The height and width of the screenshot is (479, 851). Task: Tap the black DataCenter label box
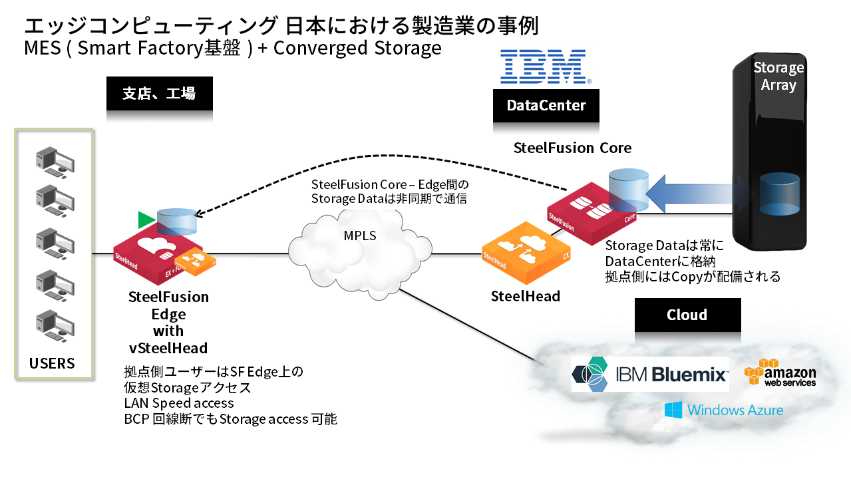[546, 105]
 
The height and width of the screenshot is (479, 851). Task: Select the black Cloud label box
[687, 315]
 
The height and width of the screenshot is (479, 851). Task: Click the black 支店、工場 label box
[159, 94]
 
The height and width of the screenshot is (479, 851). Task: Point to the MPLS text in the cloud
[359, 236]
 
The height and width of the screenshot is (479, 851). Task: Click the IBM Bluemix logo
[650, 374]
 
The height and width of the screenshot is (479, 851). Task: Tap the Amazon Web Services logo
[780, 373]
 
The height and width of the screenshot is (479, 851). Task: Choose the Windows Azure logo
[723, 410]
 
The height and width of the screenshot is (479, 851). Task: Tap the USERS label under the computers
[52, 363]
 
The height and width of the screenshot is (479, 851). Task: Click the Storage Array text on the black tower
[778, 77]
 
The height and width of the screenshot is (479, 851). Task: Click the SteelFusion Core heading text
[572, 148]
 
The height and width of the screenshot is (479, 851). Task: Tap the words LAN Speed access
[179, 403]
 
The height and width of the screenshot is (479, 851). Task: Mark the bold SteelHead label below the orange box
[526, 296]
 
